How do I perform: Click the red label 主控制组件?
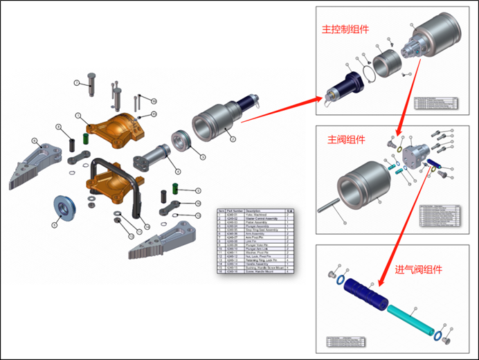tap(345, 30)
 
